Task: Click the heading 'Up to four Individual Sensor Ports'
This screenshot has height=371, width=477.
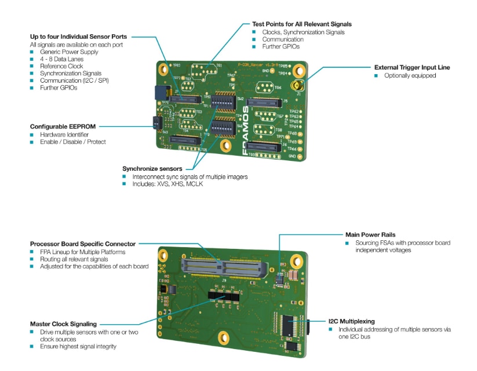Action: point(78,37)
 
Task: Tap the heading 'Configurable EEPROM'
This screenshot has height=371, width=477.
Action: point(63,126)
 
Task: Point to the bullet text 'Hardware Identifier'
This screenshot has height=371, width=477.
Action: point(64,134)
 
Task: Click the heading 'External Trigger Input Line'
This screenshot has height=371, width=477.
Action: point(412,67)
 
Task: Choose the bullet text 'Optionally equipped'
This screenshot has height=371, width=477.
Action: point(410,75)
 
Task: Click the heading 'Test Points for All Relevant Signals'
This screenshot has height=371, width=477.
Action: point(301,24)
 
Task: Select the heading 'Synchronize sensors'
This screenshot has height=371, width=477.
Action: point(152,168)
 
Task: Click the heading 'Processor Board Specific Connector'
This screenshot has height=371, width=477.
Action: point(82,244)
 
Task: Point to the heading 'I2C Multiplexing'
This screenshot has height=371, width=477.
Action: point(351,321)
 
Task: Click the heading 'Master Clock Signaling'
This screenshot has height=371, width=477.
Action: point(63,324)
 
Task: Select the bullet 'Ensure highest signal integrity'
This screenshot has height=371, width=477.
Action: point(78,346)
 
